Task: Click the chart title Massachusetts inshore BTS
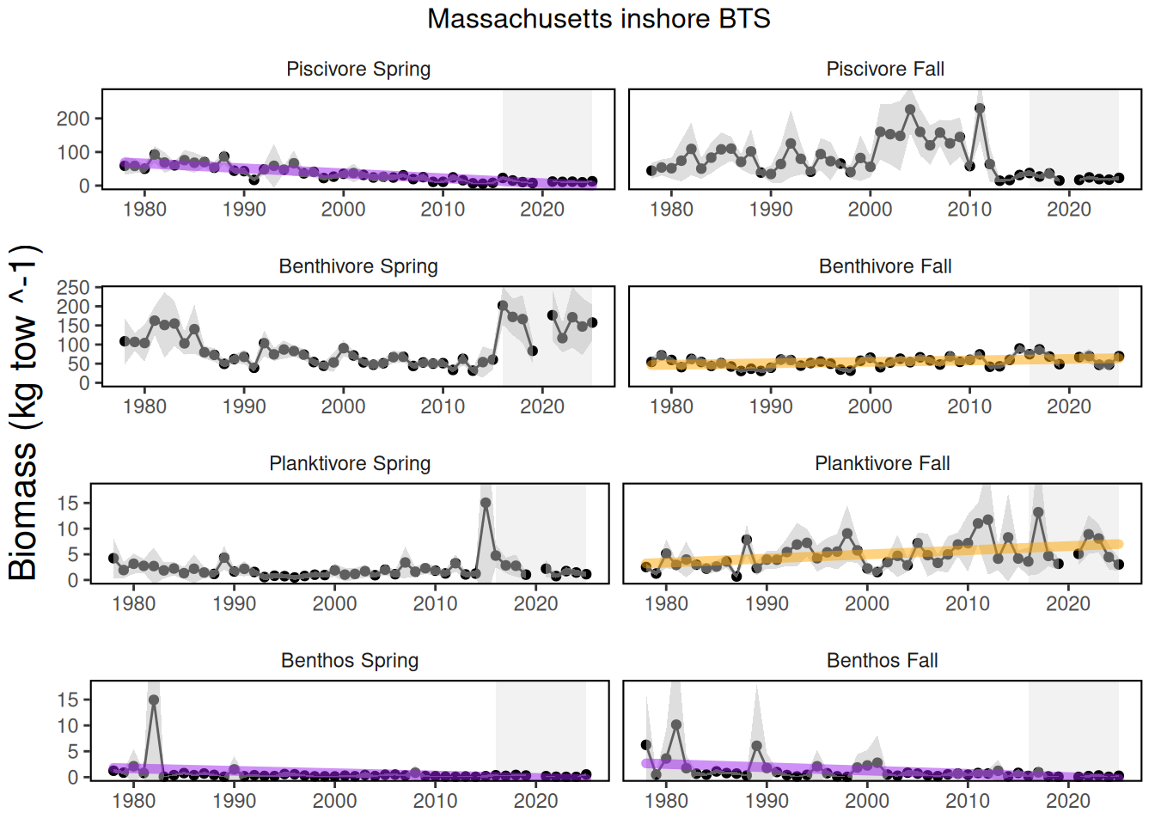point(598,19)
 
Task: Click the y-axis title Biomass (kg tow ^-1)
point(23,412)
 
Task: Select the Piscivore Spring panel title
point(358,69)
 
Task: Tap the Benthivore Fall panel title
point(885,266)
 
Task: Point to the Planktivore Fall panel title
point(883,464)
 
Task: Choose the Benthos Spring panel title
point(350,661)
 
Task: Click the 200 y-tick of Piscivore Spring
point(73,119)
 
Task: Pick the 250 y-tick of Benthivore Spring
point(73,288)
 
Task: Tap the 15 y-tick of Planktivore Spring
point(68,503)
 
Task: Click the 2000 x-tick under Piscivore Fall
point(870,210)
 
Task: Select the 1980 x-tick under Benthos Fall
point(666,801)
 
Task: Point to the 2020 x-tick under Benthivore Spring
point(542,406)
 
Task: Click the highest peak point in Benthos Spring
point(154,700)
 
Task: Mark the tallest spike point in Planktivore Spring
point(486,504)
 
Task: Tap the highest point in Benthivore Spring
point(503,305)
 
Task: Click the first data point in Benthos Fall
point(646,745)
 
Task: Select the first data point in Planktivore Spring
point(113,559)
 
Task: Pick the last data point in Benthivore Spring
point(592,322)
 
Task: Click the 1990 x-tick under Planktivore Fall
point(767,604)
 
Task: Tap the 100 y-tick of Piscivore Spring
point(73,152)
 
